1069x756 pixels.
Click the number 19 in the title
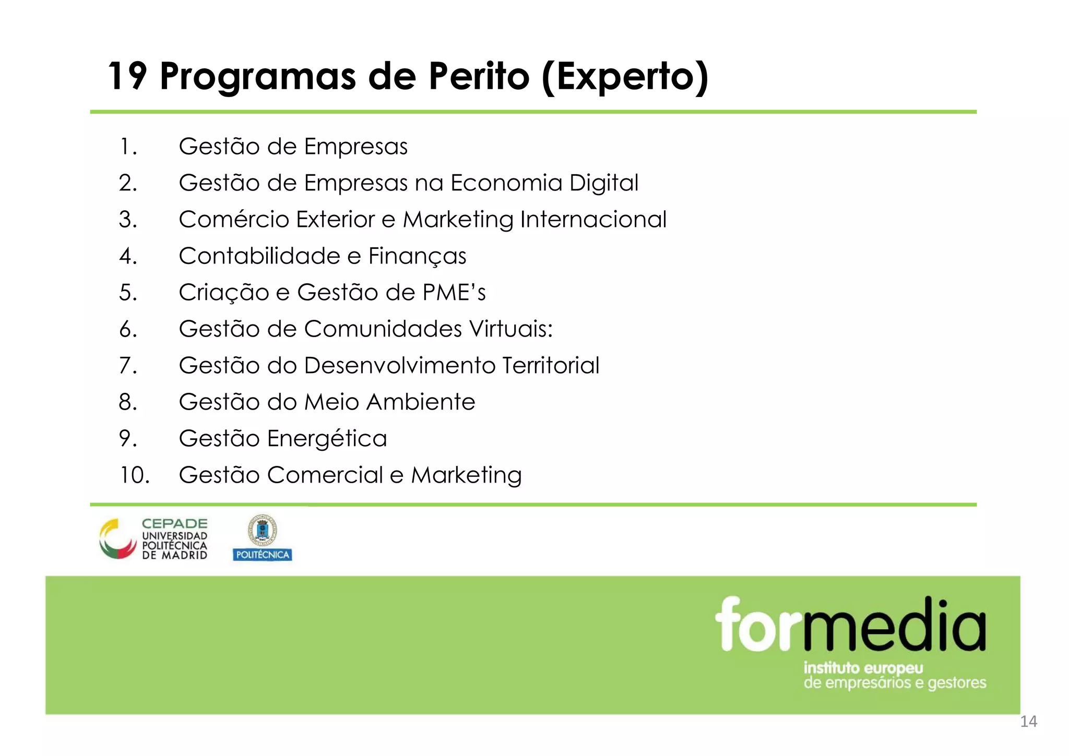(x=127, y=76)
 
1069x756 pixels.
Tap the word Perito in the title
(x=479, y=76)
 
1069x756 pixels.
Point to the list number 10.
(x=135, y=475)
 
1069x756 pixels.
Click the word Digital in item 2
(x=603, y=183)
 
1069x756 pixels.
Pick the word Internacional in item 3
(x=593, y=220)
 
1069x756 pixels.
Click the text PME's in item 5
(x=454, y=293)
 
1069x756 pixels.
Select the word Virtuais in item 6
(x=510, y=329)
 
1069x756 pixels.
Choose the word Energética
(x=327, y=439)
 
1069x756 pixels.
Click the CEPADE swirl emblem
(x=118, y=539)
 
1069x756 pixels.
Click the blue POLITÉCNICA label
(x=262, y=555)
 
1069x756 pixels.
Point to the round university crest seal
(x=262, y=531)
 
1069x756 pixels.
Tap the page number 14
(x=1028, y=722)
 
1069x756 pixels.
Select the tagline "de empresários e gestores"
(x=895, y=683)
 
